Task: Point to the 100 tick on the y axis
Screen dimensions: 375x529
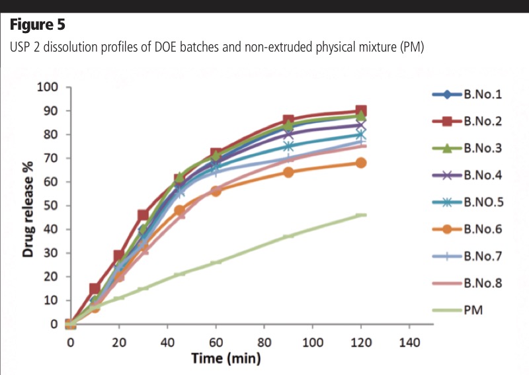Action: point(52,87)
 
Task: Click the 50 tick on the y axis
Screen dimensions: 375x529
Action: point(54,206)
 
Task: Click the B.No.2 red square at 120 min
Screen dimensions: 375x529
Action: point(361,111)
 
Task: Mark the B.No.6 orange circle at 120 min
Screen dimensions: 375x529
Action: point(361,163)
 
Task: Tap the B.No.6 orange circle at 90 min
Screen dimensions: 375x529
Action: point(288,172)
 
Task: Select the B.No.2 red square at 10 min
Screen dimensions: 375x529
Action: point(95,288)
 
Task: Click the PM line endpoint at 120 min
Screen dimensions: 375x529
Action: point(361,215)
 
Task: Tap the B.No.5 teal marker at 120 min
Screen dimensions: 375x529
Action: point(361,135)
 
